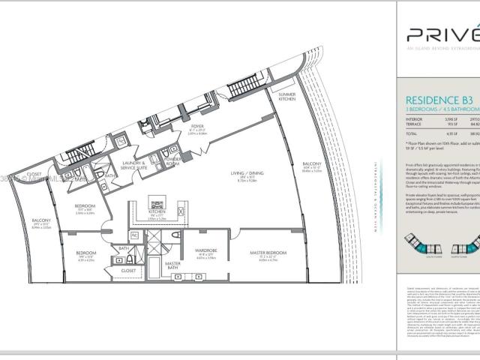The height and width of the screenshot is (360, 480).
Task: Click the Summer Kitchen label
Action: pyautogui.click(x=287, y=97)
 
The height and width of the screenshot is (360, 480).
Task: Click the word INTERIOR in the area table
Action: pyautogui.click(x=413, y=118)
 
